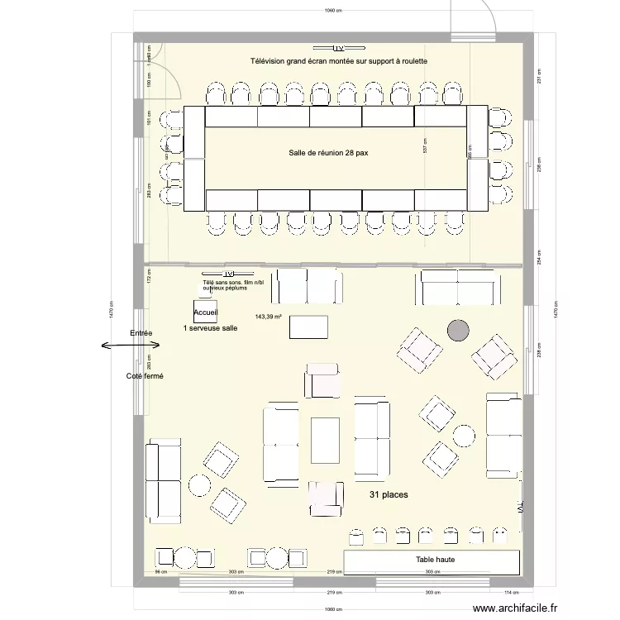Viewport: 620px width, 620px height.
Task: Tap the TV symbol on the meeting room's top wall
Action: tap(338, 48)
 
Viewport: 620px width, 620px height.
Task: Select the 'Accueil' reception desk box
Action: tap(205, 312)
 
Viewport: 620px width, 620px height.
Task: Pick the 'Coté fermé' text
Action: tap(145, 376)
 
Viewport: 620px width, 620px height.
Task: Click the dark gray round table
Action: tap(457, 331)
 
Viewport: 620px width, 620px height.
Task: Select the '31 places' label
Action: tap(388, 494)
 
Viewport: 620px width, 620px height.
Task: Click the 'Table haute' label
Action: tap(435, 560)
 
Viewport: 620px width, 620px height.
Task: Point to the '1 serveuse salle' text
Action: tap(210, 328)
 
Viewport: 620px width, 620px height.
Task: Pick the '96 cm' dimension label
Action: tap(162, 572)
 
